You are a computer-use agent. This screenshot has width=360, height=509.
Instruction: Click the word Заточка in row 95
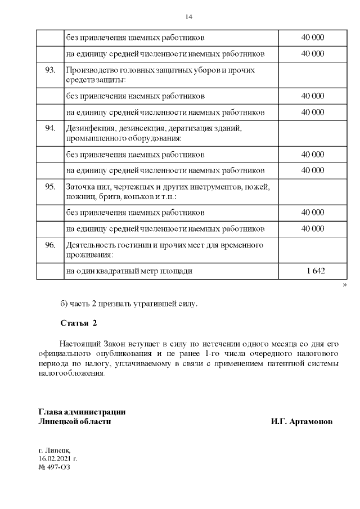(81, 187)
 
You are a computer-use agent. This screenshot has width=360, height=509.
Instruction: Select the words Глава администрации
(82, 412)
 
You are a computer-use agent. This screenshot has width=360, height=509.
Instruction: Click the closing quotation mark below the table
(344, 286)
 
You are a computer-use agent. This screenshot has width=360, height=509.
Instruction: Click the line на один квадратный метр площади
(129, 271)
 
